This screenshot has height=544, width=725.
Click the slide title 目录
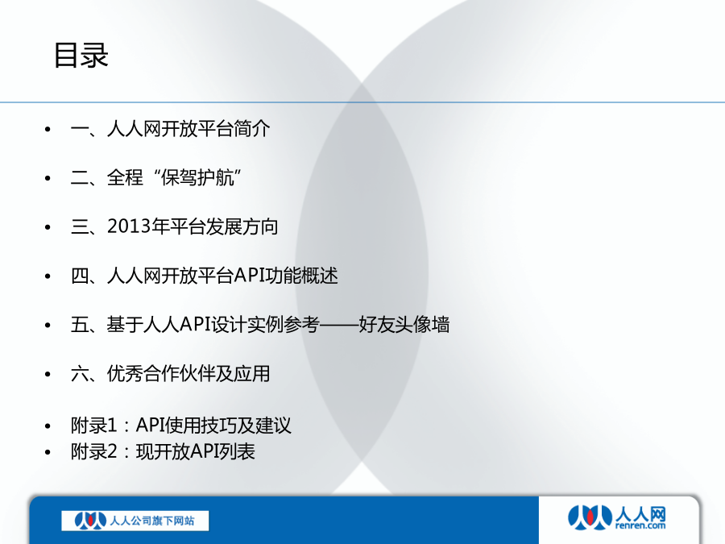[x=81, y=56]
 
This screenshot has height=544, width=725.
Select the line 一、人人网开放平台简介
[x=170, y=129]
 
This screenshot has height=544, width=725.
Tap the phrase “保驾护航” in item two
[x=198, y=177]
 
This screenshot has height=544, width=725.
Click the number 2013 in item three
[x=129, y=226]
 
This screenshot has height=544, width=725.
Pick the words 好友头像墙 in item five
[x=404, y=324]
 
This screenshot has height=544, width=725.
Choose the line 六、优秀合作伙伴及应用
[x=170, y=374]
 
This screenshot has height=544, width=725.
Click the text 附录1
[x=94, y=426]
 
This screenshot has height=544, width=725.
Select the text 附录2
[x=94, y=451]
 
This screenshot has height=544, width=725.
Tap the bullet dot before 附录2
[x=48, y=452]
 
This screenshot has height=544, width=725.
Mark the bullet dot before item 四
[x=48, y=276]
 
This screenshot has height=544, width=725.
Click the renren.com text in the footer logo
[x=640, y=525]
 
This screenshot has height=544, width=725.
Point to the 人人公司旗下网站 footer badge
[x=135, y=521]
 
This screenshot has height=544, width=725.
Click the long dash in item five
[x=339, y=325]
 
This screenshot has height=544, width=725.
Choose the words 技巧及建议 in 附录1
[x=246, y=426]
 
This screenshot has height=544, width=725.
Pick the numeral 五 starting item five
[x=80, y=324]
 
